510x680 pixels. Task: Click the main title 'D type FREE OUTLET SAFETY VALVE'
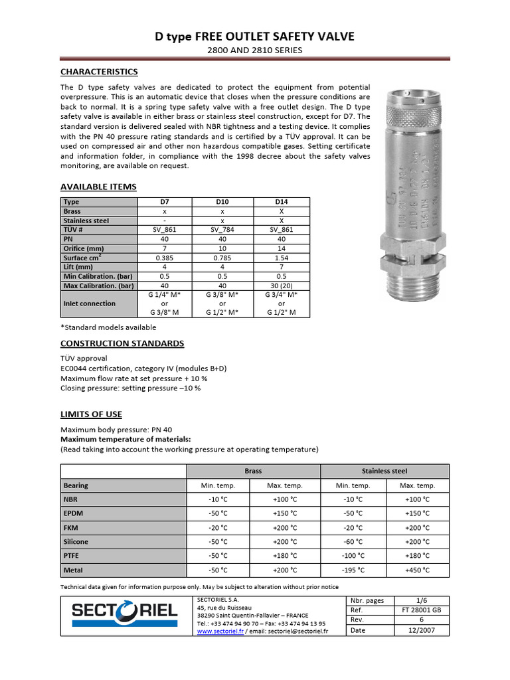pos(255,37)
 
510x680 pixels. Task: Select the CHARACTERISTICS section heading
pos(99,72)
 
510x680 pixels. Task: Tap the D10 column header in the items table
pos(222,201)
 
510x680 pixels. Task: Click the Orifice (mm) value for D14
pos(281,248)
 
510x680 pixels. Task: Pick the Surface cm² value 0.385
pos(164,257)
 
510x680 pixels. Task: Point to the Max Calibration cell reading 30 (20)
pos(281,285)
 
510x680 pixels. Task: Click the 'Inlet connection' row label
pos(89,303)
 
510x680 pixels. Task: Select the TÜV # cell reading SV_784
pos(222,229)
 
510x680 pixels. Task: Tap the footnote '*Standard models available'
pos(108,327)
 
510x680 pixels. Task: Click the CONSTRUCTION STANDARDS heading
pos(122,343)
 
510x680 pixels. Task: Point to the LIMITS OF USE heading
pos(91,414)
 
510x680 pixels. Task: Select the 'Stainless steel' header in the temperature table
pos(384,471)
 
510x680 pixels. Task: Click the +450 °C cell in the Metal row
pos(416,570)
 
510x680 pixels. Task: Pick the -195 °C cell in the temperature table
pos(353,570)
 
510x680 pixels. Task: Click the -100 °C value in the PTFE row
pos(353,556)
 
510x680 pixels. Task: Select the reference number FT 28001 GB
pos(416,610)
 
